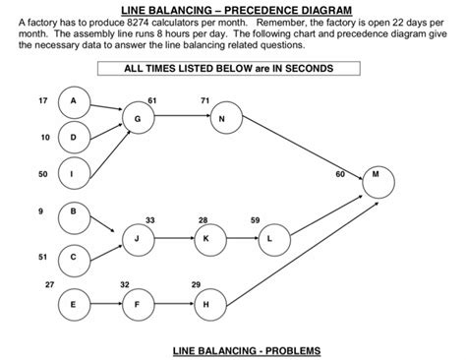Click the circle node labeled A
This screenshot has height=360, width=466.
click(x=73, y=102)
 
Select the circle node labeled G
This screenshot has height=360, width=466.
click(x=138, y=119)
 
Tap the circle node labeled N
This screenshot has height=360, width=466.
click(x=222, y=119)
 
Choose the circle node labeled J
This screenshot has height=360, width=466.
click(x=138, y=238)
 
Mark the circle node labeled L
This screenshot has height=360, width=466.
click(x=270, y=238)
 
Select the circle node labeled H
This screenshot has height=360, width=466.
click(x=204, y=304)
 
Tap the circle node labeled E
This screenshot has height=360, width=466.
click(x=73, y=304)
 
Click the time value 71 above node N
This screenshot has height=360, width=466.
click(x=204, y=101)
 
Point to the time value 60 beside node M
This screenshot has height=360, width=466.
click(x=340, y=173)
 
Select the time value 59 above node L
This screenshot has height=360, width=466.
click(x=255, y=219)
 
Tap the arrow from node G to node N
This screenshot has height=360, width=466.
click(x=180, y=119)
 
